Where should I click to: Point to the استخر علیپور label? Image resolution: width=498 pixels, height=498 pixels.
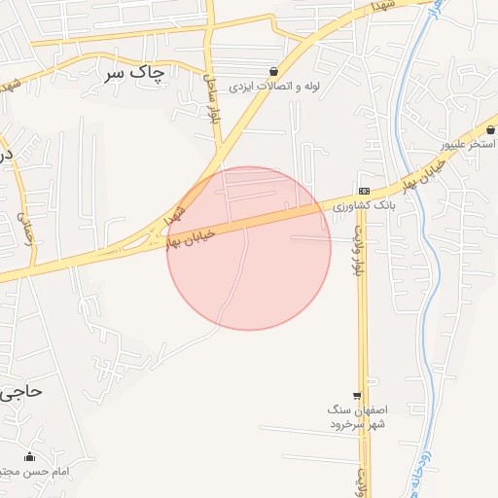[x=468, y=144]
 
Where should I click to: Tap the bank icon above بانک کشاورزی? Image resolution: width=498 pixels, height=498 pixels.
[x=364, y=191]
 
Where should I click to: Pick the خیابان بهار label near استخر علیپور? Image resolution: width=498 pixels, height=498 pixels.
[x=425, y=174]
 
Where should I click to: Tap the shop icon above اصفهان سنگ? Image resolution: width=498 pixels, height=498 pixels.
[x=357, y=396]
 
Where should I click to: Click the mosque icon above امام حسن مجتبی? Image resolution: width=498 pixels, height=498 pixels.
[x=29, y=456]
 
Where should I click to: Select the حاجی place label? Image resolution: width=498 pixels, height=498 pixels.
[x=20, y=392]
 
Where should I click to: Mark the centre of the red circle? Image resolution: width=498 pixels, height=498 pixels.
[x=249, y=248]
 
